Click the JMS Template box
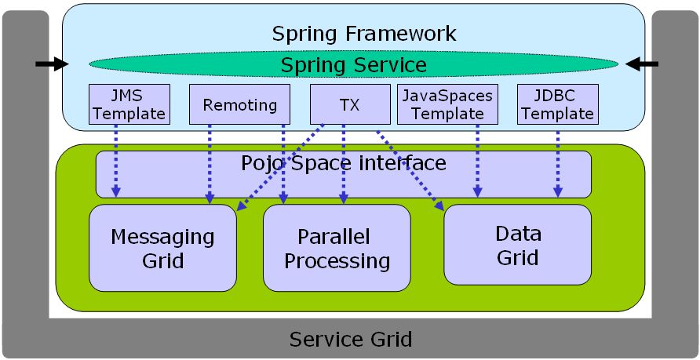point(129,104)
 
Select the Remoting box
point(239,104)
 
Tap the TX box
point(350,104)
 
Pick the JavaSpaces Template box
point(447,104)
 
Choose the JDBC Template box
point(558,104)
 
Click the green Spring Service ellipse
point(354,64)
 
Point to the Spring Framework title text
point(364,34)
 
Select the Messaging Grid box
point(163,248)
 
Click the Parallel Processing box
point(337,248)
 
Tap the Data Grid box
point(518,245)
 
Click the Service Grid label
point(351,339)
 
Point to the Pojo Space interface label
point(344,163)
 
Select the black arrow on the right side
point(642,64)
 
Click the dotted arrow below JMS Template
point(116,161)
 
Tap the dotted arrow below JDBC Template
point(558,161)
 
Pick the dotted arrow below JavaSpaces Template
point(478,161)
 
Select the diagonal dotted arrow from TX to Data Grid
point(410,170)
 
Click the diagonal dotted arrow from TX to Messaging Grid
point(280,168)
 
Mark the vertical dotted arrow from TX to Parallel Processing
point(344,164)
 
